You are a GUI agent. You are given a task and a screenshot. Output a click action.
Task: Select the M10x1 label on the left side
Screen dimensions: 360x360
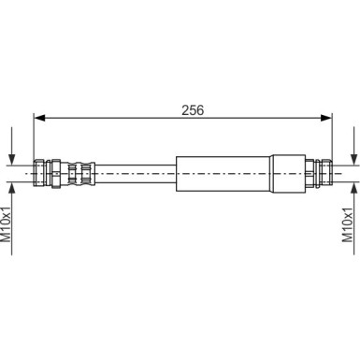(7, 224)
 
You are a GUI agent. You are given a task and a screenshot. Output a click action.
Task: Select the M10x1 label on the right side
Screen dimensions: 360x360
(349, 224)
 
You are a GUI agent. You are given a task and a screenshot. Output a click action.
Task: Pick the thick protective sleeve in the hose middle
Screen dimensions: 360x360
(224, 174)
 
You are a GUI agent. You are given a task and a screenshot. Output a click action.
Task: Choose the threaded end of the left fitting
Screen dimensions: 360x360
(39, 174)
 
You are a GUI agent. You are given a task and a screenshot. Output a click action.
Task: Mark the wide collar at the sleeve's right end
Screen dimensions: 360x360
(290, 174)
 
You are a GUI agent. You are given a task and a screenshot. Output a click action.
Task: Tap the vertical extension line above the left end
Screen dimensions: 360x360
(34, 140)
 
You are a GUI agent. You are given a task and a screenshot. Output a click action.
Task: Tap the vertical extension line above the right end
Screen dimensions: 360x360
(333, 140)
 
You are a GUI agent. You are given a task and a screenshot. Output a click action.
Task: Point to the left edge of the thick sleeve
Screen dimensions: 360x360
(176, 174)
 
